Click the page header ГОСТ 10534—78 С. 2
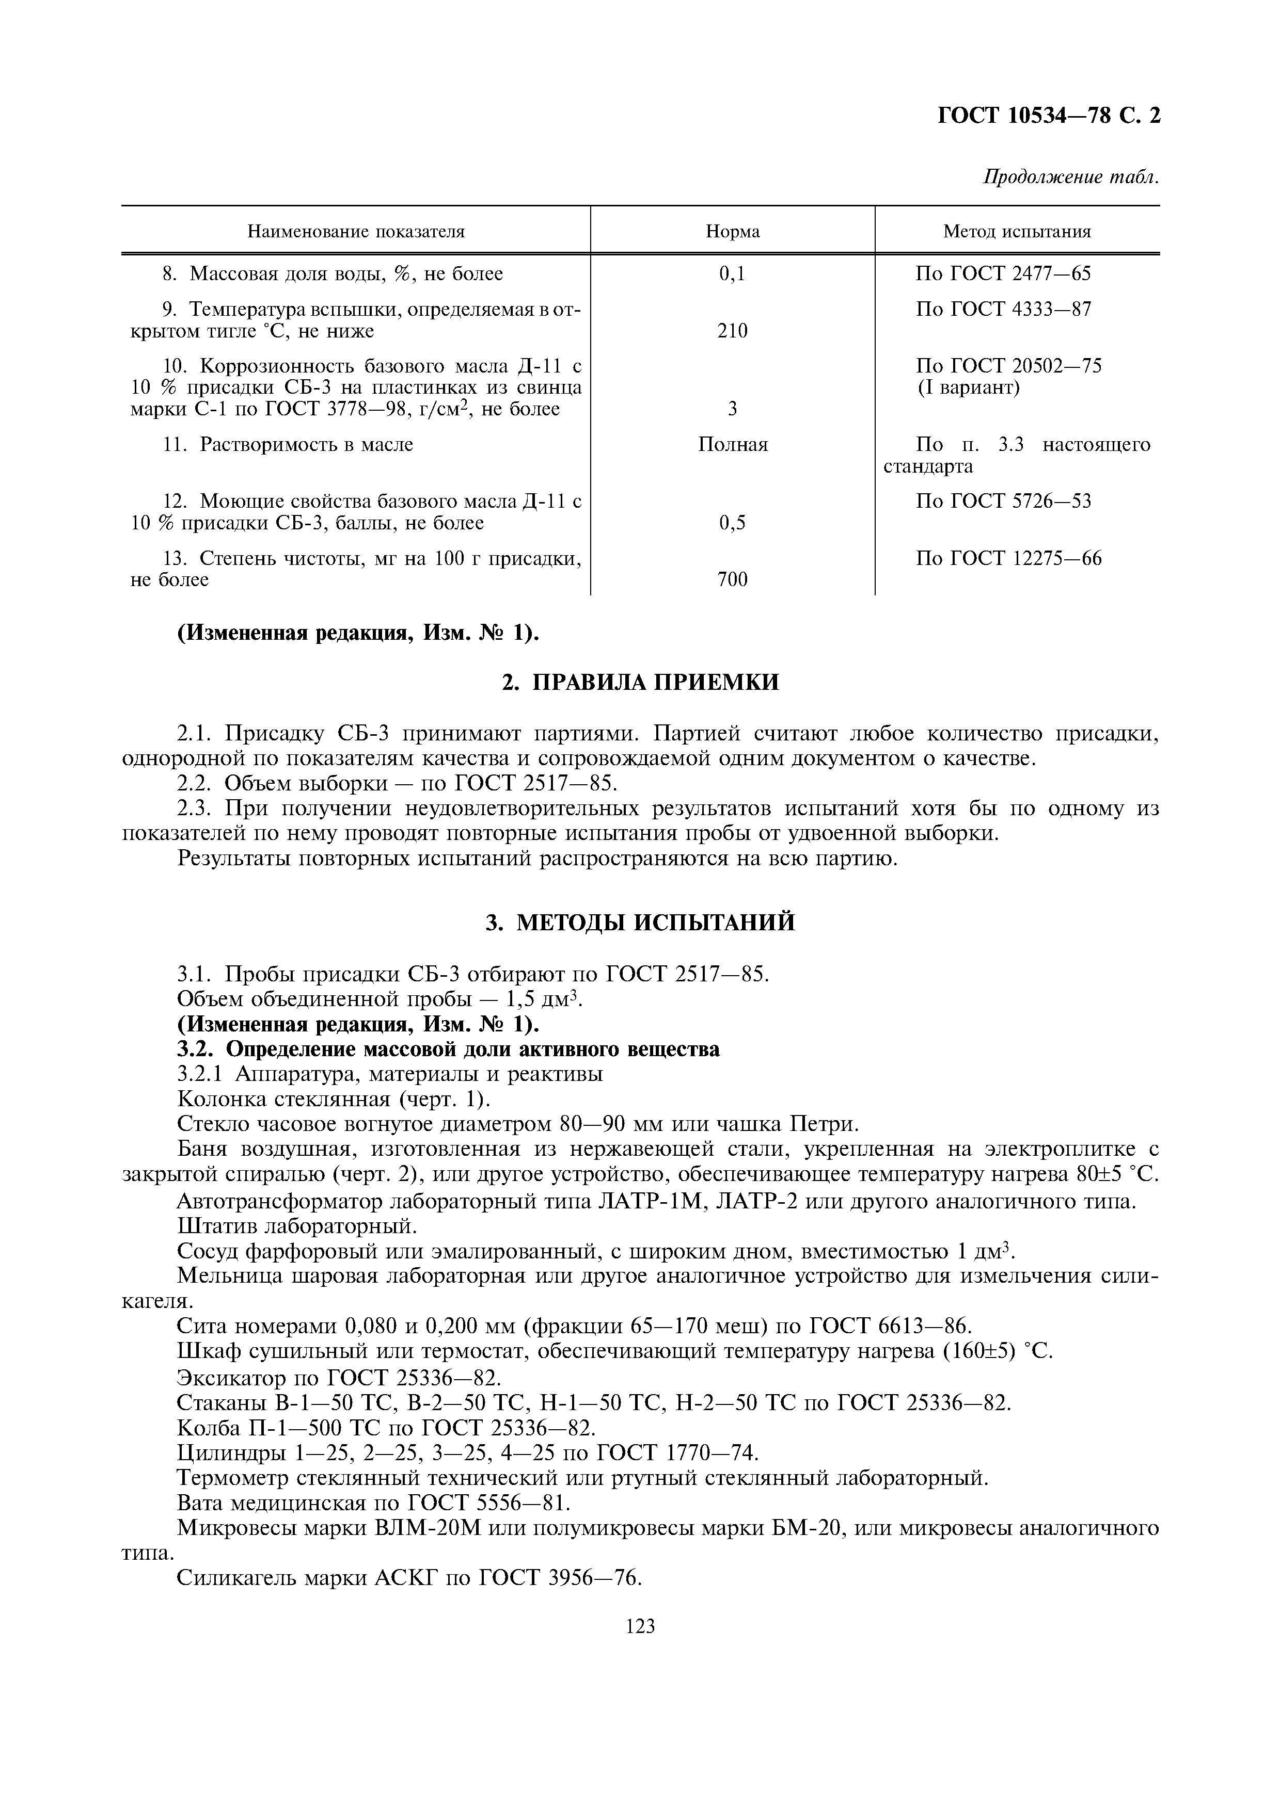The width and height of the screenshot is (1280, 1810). (1048, 116)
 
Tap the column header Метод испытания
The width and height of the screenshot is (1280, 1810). (1017, 232)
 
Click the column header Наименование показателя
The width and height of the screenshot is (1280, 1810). (356, 232)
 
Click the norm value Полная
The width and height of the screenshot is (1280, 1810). (733, 445)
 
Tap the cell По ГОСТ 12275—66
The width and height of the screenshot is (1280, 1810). (1009, 559)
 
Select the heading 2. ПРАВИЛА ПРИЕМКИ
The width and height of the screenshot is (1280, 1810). (640, 682)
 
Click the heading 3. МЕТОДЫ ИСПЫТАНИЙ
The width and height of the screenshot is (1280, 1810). (640, 923)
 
